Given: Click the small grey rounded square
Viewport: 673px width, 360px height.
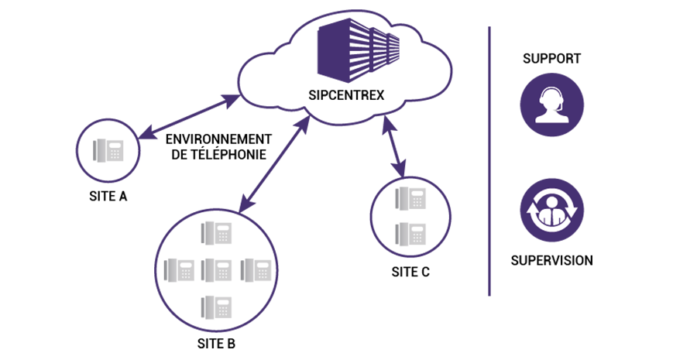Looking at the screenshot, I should point(108,150).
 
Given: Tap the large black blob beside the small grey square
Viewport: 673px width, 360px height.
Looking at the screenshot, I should point(217,151).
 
